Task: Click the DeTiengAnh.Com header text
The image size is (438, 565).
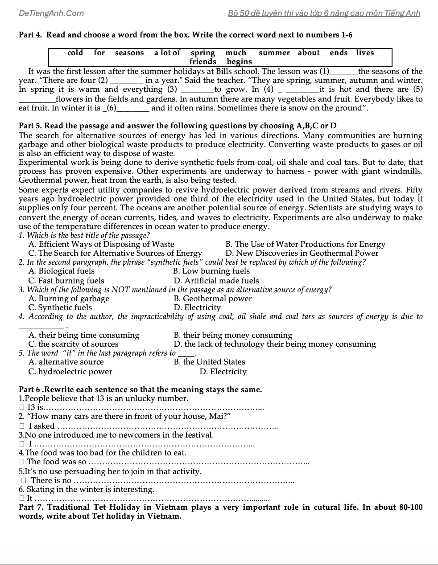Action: [51, 13]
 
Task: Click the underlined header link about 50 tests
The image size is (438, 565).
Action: [324, 13]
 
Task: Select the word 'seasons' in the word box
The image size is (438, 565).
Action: [129, 53]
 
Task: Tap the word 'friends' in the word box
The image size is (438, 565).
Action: [202, 62]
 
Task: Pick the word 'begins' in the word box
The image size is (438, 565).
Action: [239, 62]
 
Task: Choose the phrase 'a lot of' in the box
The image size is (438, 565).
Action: [167, 53]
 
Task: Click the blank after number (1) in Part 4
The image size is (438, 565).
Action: [343, 72]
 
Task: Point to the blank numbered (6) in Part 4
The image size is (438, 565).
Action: [132, 108]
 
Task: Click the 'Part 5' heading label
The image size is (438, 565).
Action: [30, 126]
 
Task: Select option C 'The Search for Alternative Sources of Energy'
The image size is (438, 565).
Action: [115, 254]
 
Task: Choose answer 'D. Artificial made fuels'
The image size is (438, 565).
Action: [216, 281]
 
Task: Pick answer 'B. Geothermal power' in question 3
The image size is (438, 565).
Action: [213, 299]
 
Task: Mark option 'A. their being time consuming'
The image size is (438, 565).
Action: [84, 335]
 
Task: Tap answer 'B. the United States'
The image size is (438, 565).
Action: [209, 362]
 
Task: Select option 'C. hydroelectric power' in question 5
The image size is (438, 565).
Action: [70, 372]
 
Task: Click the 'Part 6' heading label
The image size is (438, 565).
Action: [30, 389]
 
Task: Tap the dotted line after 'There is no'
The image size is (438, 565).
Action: [183, 481]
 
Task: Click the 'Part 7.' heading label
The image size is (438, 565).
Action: [31, 508]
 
